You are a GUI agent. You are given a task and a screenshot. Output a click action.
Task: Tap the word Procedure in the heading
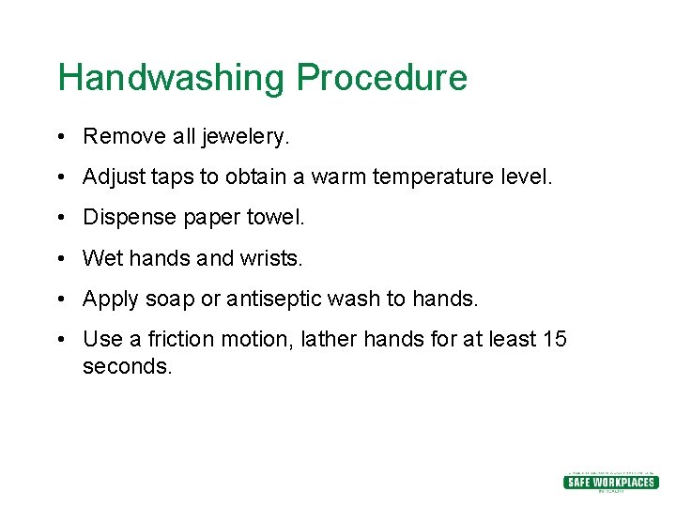click(x=382, y=78)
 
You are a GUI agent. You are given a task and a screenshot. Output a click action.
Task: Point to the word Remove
click(x=124, y=137)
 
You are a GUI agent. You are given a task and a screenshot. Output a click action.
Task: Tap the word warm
click(x=340, y=177)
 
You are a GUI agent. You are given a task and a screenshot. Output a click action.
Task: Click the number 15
click(x=555, y=339)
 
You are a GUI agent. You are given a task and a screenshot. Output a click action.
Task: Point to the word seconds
click(x=128, y=366)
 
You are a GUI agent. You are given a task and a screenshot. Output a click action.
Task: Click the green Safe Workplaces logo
click(x=610, y=482)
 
